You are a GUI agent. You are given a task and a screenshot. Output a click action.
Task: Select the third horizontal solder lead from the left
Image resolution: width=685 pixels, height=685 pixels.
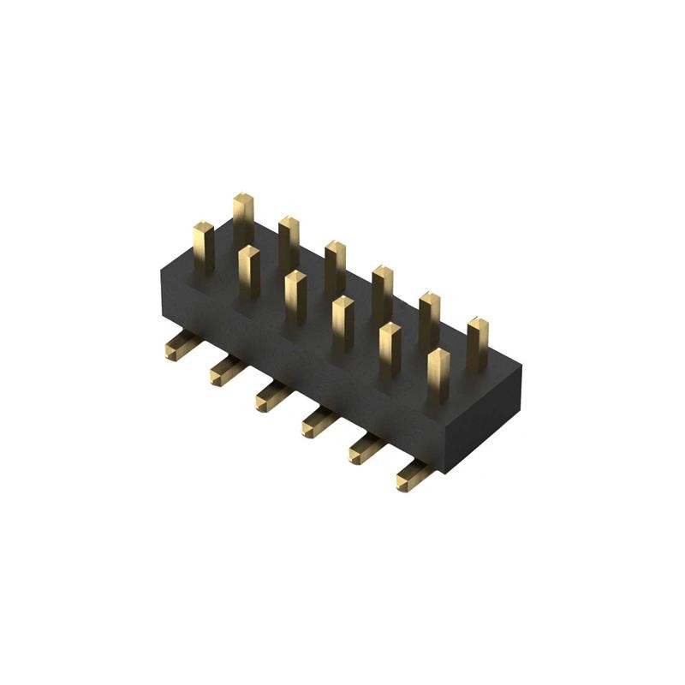pyautogui.click(x=271, y=397)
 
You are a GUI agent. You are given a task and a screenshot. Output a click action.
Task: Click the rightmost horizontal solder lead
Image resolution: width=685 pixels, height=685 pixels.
pyautogui.click(x=414, y=476)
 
